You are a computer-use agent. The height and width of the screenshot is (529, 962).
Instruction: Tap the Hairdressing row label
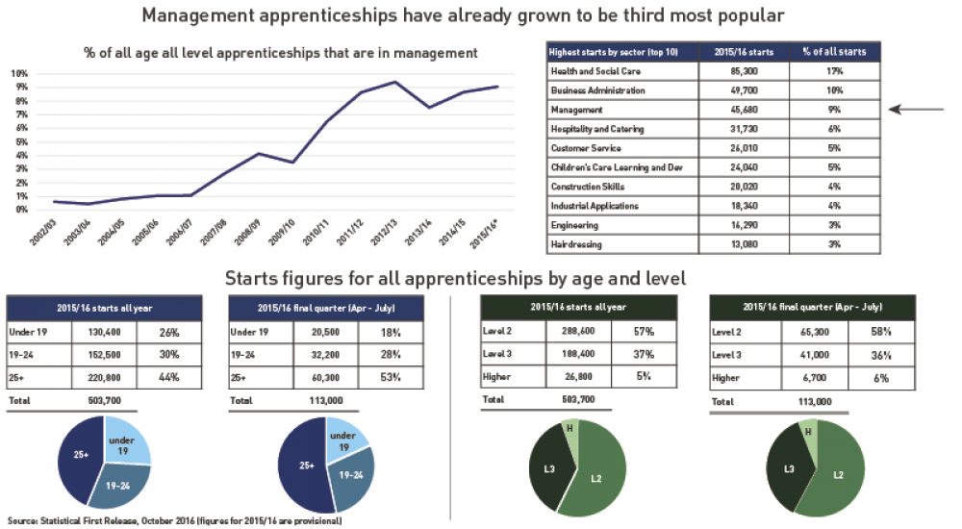(x=575, y=244)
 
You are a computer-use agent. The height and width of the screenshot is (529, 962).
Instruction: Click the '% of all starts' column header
(x=833, y=52)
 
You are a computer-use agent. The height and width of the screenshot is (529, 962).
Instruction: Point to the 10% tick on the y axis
(x=19, y=73)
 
